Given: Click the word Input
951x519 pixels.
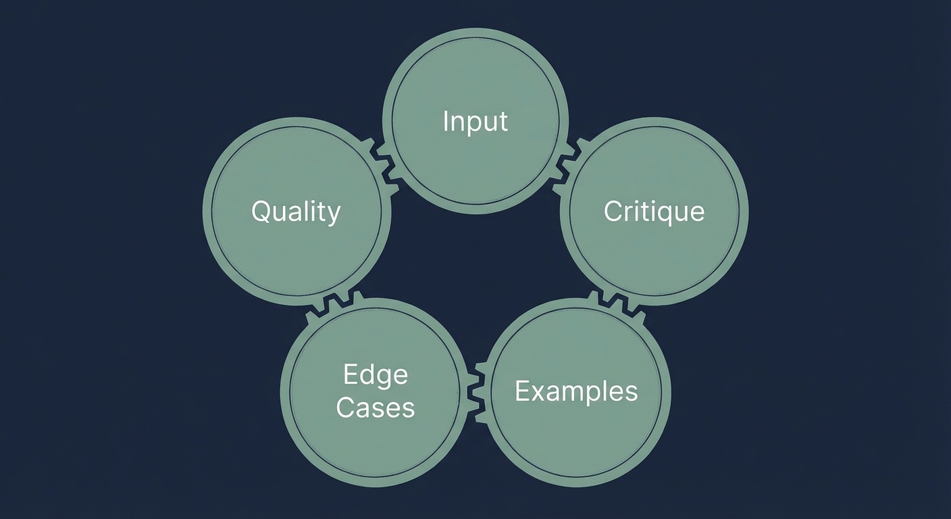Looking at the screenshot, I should pyautogui.click(x=475, y=122).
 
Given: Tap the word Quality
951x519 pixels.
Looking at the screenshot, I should pyautogui.click(x=296, y=212).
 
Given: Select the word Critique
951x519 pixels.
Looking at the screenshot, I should pyautogui.click(x=654, y=212).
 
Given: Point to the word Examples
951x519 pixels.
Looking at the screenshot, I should pyautogui.click(x=576, y=391).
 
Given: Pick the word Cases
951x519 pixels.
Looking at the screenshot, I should pyautogui.click(x=375, y=407).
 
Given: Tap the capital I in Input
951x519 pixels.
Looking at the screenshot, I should pyautogui.click(x=446, y=121).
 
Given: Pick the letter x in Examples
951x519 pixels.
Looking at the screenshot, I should pyautogui.click(x=536, y=392).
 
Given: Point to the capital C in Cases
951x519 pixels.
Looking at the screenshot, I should pyautogui.click(x=346, y=407).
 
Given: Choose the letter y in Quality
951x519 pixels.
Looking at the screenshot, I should pyautogui.click(x=333, y=215).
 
